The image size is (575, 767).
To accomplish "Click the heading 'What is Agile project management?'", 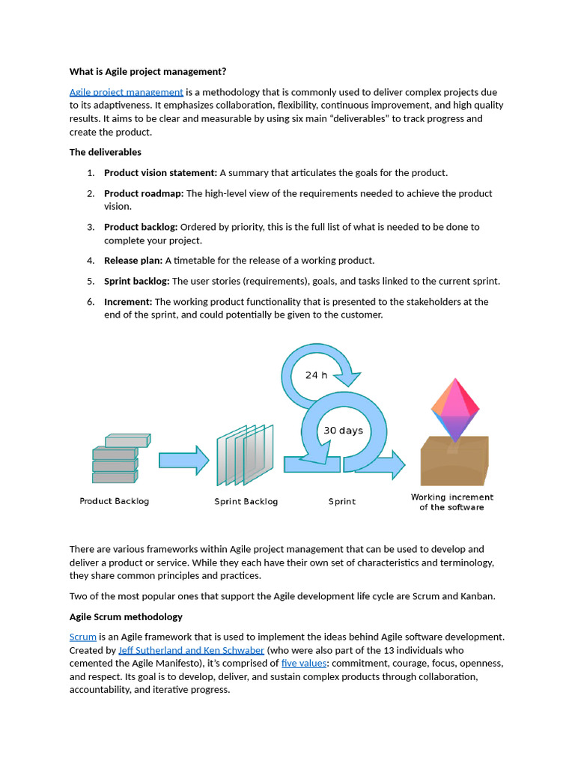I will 147,72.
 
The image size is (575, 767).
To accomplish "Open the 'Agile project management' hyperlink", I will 127,92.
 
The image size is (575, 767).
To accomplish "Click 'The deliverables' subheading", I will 106,152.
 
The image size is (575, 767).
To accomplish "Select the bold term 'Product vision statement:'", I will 160,173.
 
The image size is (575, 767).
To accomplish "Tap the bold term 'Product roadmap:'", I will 144,193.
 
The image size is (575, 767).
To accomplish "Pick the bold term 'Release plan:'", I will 133,261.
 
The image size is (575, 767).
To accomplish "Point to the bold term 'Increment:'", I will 128,302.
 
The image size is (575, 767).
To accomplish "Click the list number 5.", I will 90,282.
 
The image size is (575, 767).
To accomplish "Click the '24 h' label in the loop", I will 316,375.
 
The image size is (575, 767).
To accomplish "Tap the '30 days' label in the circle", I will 343,431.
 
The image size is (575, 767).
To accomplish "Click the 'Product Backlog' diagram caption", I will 115,501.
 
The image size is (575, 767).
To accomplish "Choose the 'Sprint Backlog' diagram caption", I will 246,501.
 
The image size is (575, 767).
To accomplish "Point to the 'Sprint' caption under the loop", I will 342,501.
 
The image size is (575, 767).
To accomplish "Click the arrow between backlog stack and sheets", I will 183,460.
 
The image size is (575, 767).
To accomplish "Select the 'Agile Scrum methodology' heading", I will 126,617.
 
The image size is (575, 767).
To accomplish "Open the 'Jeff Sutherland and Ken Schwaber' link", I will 191,650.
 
